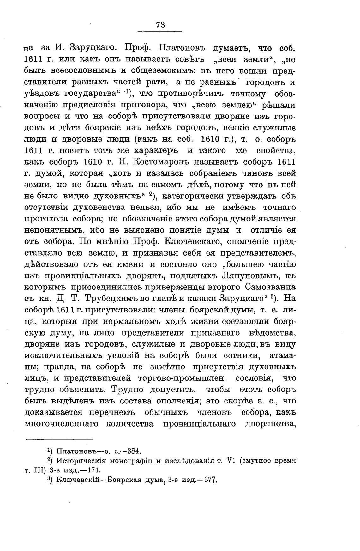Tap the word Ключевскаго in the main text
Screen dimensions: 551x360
coord(194,242)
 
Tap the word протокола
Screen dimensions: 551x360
coord(45,219)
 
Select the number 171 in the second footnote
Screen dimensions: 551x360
coord(92,470)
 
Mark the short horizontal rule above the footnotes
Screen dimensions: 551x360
coord(59,439)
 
